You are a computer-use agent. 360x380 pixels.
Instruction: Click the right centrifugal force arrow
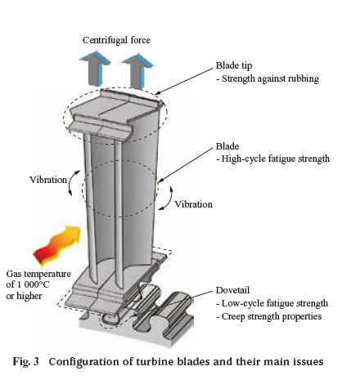tap(137, 71)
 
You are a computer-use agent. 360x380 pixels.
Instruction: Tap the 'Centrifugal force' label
tap(116, 40)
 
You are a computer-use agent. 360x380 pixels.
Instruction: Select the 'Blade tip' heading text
tap(234, 65)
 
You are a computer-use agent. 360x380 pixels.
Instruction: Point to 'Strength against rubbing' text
tap(270, 78)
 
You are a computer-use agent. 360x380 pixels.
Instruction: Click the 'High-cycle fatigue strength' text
tap(276, 159)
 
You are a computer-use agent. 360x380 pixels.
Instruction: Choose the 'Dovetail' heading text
tap(232, 290)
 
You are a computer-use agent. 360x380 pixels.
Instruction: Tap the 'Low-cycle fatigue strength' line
tap(275, 303)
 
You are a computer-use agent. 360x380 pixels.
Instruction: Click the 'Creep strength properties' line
tap(272, 316)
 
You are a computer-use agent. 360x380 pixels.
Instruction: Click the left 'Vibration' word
tap(48, 180)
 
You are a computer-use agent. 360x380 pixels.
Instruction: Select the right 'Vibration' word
tap(193, 204)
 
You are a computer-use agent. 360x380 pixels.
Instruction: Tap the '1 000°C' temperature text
tap(33, 284)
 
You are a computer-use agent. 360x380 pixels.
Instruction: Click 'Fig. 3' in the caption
tap(25, 362)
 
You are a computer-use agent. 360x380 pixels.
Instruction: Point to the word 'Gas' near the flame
tap(14, 274)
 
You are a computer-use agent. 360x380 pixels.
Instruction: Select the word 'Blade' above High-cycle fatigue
tap(227, 146)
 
